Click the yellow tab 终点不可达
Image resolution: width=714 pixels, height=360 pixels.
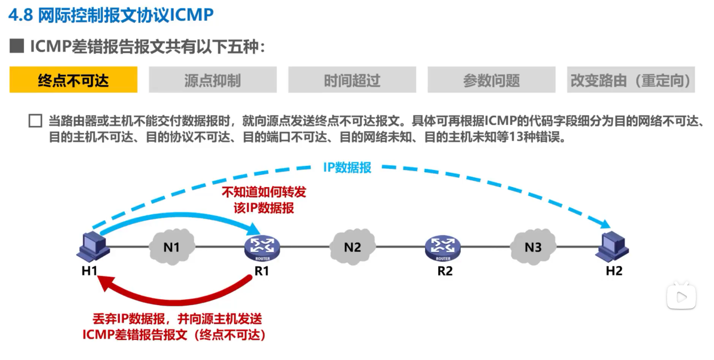[74, 80]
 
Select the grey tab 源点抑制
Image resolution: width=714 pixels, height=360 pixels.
[213, 80]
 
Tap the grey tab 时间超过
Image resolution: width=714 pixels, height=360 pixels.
[352, 80]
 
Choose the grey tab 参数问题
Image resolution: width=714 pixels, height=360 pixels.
[491, 80]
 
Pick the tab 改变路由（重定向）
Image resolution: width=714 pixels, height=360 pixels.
[631, 80]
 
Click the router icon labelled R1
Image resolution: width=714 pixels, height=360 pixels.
[262, 247]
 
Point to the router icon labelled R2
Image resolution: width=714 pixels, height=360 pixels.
[443, 247]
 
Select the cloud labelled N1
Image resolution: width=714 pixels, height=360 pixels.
[171, 247]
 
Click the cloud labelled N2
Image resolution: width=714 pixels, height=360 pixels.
[352, 247]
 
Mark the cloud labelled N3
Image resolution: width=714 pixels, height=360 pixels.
[533, 247]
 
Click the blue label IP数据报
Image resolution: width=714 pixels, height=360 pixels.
[347, 167]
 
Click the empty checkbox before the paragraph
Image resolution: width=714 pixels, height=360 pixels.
[35, 121]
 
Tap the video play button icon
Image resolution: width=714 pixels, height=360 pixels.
[681, 297]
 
